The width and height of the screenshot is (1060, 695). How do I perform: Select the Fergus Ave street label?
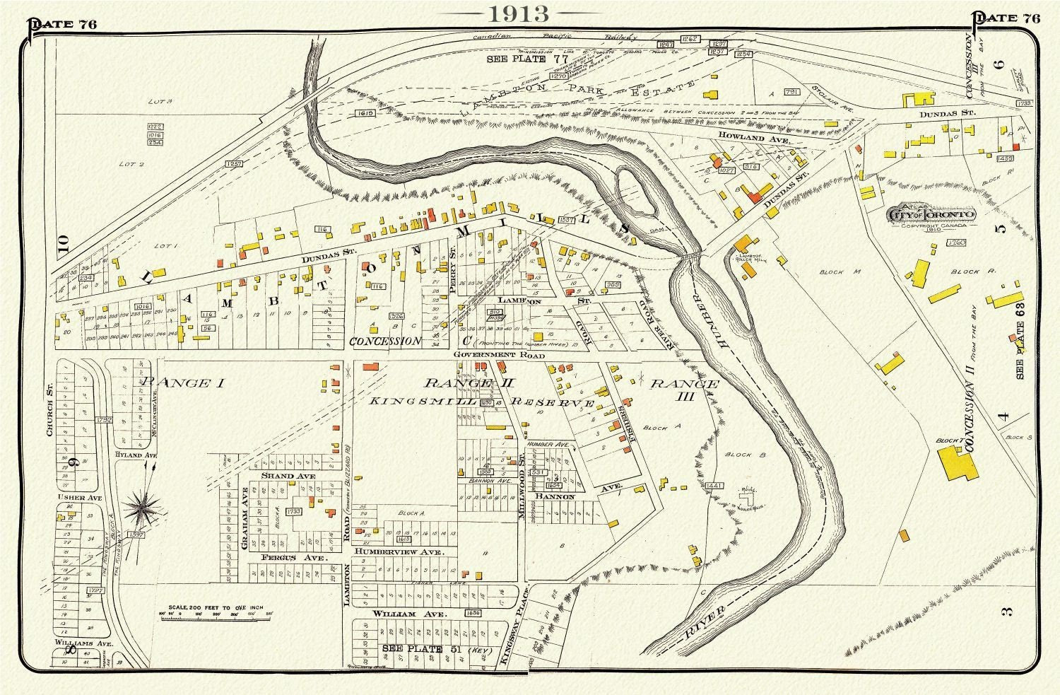pyautogui.click(x=285, y=559)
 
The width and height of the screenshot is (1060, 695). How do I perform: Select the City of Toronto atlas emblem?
pyautogui.click(x=931, y=214)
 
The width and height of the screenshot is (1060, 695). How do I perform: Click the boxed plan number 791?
pyautogui.click(x=791, y=92)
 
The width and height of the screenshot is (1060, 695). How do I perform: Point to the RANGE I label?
pyautogui.click(x=182, y=383)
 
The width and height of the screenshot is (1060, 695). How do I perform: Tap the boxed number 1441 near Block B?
pyautogui.click(x=715, y=486)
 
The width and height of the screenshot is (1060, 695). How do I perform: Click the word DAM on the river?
pyautogui.click(x=660, y=230)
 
